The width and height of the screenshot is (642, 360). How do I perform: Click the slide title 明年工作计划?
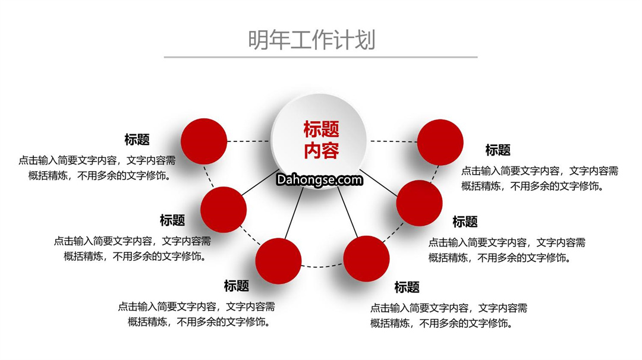[311, 40]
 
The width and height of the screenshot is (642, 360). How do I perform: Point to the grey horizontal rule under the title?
[320, 57]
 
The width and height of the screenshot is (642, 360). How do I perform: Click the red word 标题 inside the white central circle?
[322, 130]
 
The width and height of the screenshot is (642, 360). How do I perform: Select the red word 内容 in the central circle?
[322, 150]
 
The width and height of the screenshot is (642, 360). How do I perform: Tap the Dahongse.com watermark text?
[319, 179]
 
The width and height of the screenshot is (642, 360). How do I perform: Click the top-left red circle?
[204, 141]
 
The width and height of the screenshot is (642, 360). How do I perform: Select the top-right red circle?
[440, 143]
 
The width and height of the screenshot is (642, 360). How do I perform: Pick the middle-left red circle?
[224, 210]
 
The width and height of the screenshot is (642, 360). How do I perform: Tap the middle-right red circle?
[419, 203]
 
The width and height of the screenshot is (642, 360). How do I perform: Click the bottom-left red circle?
[278, 261]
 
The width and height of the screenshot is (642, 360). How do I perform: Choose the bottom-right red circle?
[366, 258]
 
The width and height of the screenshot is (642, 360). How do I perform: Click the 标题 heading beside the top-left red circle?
[137, 140]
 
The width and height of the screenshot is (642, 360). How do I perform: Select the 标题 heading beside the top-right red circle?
[498, 150]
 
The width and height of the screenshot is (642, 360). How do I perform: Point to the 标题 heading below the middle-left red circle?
[172, 220]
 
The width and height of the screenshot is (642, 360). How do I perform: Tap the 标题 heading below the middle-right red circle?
[465, 222]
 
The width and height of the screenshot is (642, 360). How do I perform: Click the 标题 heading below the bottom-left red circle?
[236, 286]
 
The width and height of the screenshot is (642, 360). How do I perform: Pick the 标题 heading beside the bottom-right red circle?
[407, 287]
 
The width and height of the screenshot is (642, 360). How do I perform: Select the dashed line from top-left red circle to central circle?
[248, 141]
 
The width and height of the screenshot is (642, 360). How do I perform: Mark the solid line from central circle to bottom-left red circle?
[294, 213]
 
